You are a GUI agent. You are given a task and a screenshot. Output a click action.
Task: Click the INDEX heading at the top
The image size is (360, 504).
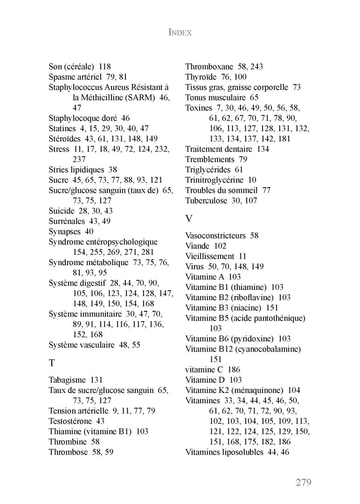(x=180, y=33)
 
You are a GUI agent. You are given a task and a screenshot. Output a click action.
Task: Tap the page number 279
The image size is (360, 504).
(x=303, y=482)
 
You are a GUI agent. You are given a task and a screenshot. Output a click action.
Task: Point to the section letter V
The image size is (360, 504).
(x=188, y=218)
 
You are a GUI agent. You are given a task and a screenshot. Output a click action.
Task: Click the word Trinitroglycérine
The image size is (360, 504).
(x=214, y=180)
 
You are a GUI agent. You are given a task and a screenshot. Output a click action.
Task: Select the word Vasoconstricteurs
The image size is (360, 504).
(x=215, y=236)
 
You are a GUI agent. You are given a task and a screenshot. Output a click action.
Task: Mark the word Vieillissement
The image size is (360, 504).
(x=210, y=256)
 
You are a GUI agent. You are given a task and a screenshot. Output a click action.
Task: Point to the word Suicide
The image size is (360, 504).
(x=62, y=211)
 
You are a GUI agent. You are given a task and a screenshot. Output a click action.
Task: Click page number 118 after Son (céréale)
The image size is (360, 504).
(x=104, y=67)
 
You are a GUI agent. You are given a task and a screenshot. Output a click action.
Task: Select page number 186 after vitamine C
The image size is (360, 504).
(x=234, y=370)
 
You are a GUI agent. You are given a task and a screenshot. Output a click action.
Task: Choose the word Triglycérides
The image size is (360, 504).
(x=208, y=169)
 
